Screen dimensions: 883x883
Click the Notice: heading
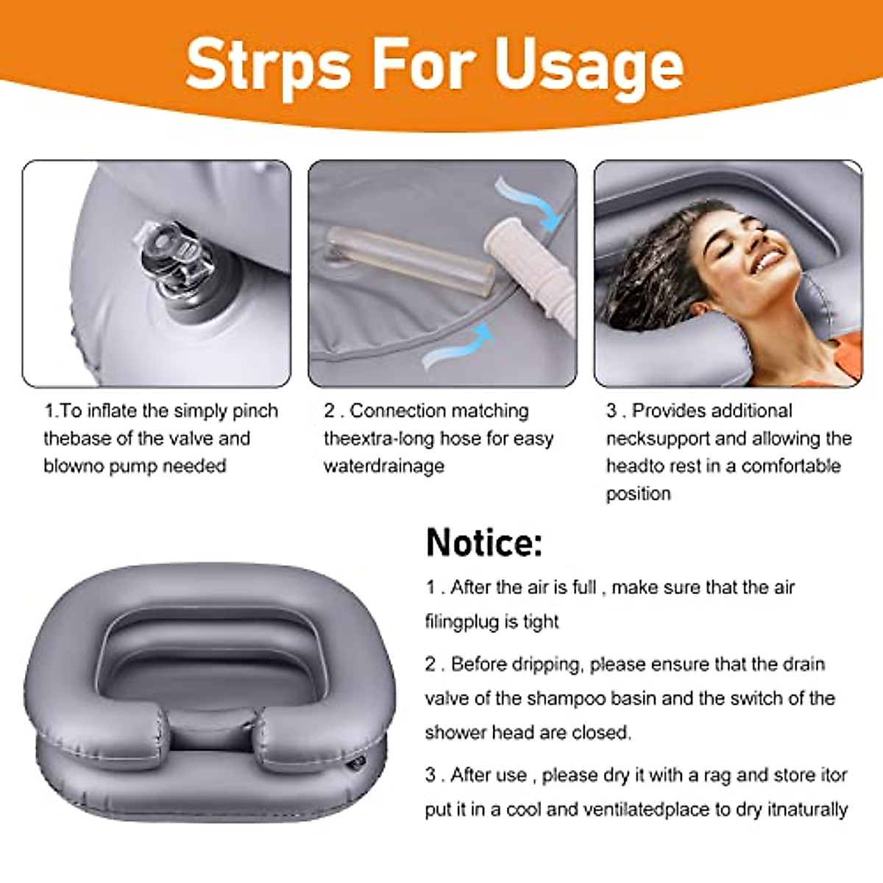(x=484, y=542)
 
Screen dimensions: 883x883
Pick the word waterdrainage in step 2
(x=384, y=466)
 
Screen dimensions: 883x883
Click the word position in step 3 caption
(x=638, y=494)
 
